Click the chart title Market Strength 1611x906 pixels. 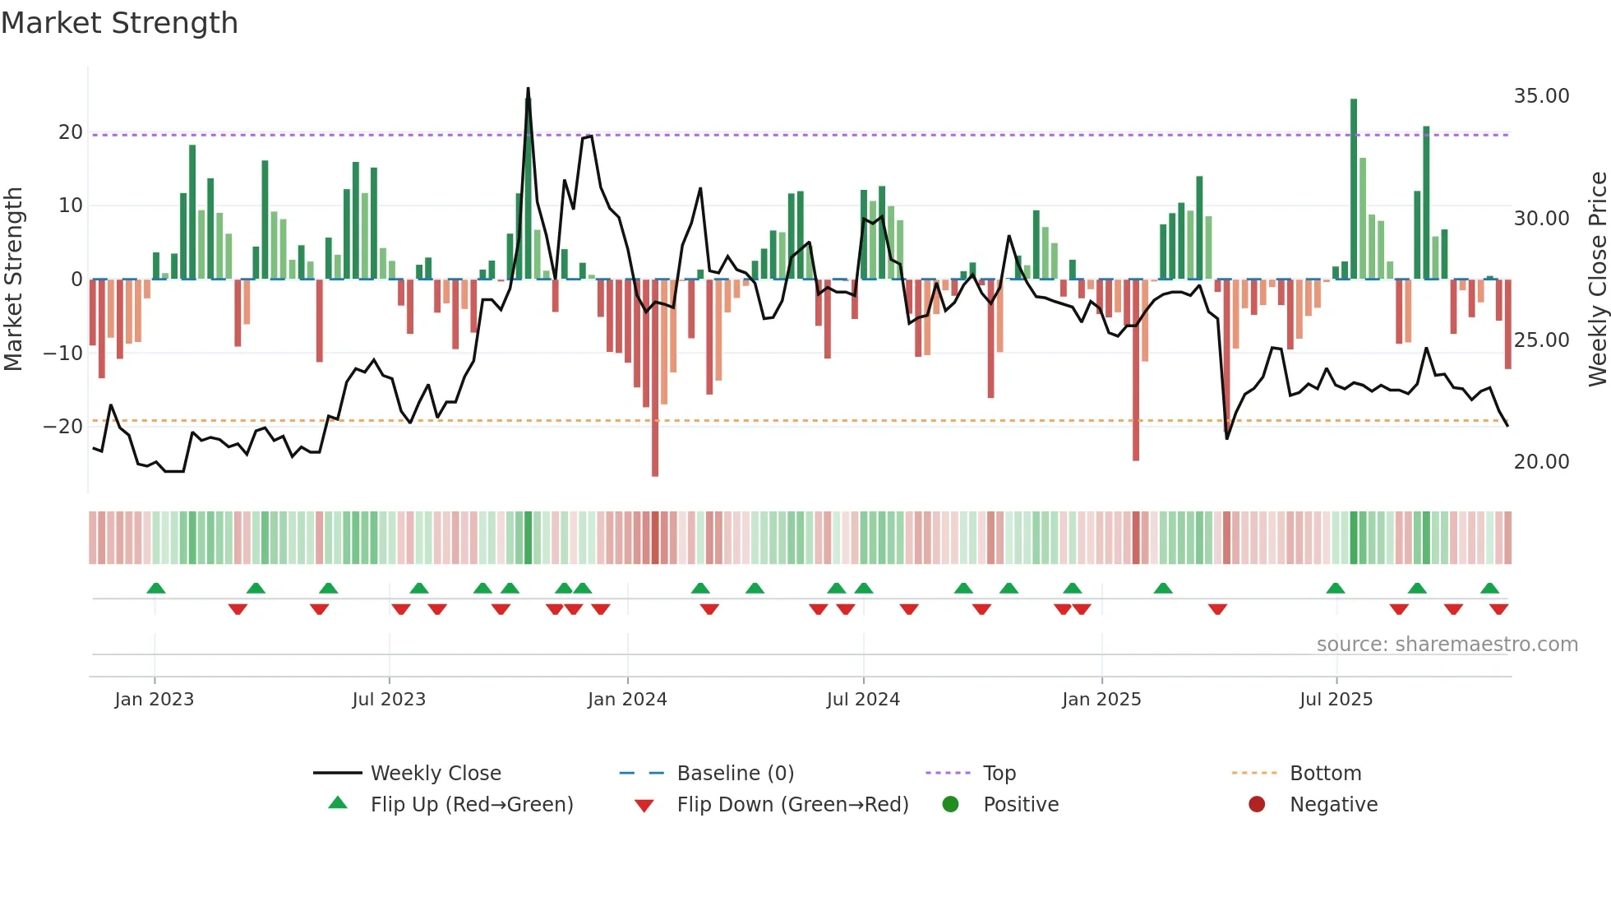point(119,23)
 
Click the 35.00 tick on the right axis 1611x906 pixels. point(1541,96)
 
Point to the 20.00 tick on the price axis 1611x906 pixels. point(1541,462)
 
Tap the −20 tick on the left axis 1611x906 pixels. point(63,427)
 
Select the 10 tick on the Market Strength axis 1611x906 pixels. point(71,206)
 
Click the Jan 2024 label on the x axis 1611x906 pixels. point(627,700)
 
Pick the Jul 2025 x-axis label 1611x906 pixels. point(1336,700)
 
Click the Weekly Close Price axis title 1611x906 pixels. point(1597,280)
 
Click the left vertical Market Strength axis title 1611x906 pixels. point(13,280)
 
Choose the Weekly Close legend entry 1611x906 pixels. point(436,774)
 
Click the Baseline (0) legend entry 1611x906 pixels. point(735,774)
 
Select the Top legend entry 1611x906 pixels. point(999,774)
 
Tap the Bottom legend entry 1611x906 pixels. point(1325,774)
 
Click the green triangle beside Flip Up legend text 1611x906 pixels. point(338,803)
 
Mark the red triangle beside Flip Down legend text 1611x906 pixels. point(644,806)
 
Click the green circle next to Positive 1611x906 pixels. point(950,804)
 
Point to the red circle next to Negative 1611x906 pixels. point(1257,804)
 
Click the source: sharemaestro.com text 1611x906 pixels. point(1447,645)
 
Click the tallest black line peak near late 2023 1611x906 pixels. point(528,89)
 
